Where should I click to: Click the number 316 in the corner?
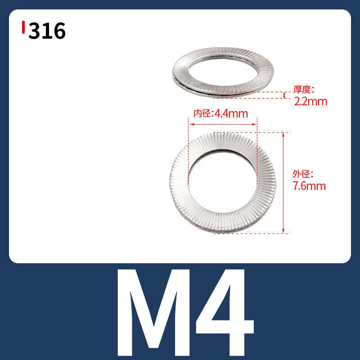pos(47,31)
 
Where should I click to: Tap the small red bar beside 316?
pos(23,27)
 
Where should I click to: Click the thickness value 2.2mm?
pos(310,102)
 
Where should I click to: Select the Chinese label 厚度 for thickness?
pos(301,89)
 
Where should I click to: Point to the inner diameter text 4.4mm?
pos(231,114)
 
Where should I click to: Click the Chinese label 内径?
pos(202,113)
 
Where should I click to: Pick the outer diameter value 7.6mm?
pos(309,186)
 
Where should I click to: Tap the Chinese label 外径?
pos(301,174)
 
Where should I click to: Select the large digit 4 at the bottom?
pos(225,312)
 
